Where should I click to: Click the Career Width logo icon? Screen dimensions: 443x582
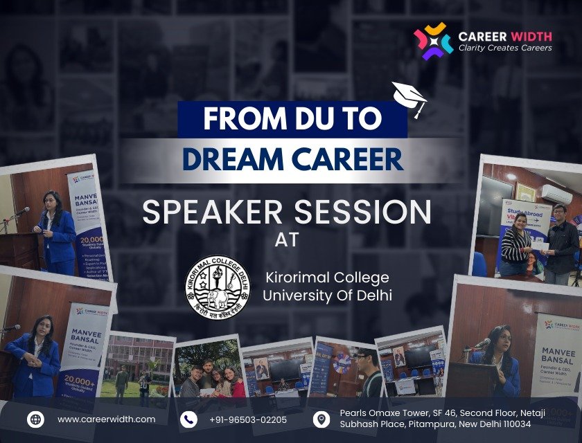tap(433, 40)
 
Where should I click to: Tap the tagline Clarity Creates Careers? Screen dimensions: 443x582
tap(505, 48)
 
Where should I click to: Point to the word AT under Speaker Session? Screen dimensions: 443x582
tap(285, 242)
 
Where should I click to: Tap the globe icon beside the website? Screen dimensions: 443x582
tap(35, 419)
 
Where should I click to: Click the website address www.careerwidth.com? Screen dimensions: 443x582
tap(106, 419)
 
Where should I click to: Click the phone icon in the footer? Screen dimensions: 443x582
tap(188, 419)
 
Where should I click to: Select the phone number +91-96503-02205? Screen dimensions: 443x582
tap(247, 419)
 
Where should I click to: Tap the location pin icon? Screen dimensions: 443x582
tap(321, 419)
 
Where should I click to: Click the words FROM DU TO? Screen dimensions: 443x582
tap(292, 120)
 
